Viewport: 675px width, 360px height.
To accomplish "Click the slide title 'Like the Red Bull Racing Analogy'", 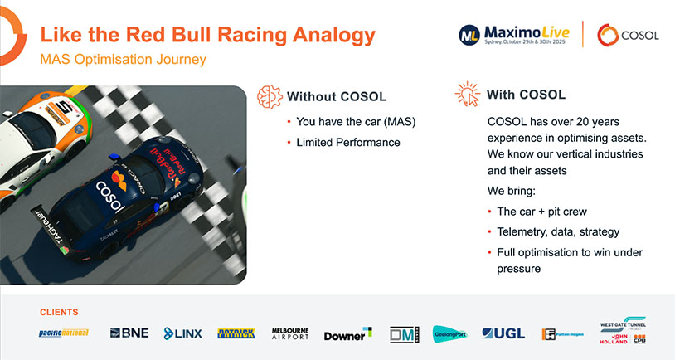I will [x=207, y=35].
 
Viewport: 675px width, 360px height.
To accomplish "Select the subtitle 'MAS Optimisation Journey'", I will [x=123, y=60].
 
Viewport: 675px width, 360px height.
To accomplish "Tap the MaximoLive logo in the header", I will [x=513, y=34].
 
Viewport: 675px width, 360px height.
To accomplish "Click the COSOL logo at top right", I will [x=628, y=35].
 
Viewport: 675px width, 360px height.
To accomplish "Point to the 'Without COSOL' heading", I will [x=336, y=96].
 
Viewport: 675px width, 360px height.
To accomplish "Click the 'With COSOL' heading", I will [x=526, y=95].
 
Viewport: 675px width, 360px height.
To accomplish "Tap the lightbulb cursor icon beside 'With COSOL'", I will [x=467, y=95].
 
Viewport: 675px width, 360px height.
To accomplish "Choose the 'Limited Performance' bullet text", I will [x=348, y=142].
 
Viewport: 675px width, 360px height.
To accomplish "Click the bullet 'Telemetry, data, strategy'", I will [x=557, y=231].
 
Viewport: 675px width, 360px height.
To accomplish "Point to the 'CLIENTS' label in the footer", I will [x=59, y=312].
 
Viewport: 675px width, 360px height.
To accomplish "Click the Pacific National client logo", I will [x=63, y=333].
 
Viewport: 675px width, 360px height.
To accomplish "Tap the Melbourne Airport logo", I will [x=290, y=333].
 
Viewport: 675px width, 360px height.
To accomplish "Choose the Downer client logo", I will [x=347, y=334].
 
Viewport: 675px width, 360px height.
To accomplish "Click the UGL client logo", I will [x=503, y=333].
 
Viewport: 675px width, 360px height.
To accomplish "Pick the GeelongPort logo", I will [x=450, y=333].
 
